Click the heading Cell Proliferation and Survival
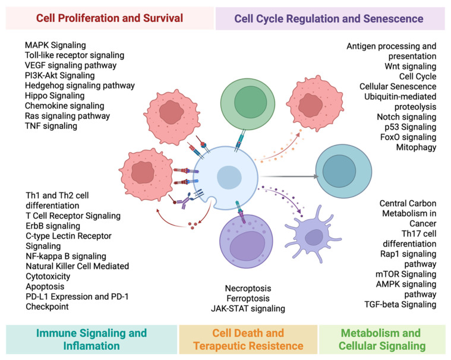coord(109,18)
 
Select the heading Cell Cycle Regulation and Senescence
coord(329,18)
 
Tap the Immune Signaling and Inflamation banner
coord(92,339)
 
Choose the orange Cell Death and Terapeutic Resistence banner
coord(248,339)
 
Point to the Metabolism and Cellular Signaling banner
coord(382,339)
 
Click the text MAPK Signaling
coord(55,45)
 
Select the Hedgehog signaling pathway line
coord(80,86)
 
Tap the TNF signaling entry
coord(51,126)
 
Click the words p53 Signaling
coord(411,127)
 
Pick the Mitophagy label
coord(416,147)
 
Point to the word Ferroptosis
coord(248,298)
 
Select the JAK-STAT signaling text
coord(248,308)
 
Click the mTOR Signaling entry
coord(406,274)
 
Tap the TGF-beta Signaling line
coord(400,304)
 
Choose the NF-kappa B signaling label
coord(66,256)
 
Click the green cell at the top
coord(248,103)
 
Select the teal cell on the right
coord(343,171)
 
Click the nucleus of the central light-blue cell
coord(229,178)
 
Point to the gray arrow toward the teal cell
coord(288,176)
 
